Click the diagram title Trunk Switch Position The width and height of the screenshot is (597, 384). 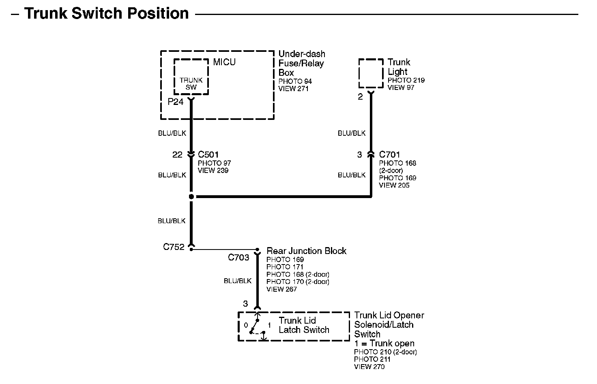(x=106, y=13)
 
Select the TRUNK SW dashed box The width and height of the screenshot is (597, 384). (x=191, y=77)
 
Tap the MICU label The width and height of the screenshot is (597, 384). (x=224, y=62)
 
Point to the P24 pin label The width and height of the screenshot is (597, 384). (x=176, y=102)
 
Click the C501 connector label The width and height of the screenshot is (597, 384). (x=208, y=154)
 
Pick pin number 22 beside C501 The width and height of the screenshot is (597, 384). (x=177, y=155)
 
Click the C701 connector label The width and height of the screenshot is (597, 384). (x=389, y=154)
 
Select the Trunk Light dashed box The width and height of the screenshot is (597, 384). (x=371, y=73)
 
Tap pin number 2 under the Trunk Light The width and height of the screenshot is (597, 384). (x=360, y=97)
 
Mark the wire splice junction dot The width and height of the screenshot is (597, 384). (x=191, y=196)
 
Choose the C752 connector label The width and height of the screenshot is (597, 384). (x=174, y=247)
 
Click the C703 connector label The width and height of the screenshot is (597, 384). (x=238, y=258)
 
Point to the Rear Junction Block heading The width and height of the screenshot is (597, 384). (x=306, y=251)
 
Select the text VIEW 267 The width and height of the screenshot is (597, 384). (x=281, y=289)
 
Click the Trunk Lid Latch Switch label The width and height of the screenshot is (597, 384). (x=304, y=325)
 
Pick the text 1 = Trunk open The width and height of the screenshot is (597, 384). (x=384, y=343)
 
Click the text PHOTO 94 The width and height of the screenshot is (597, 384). (x=295, y=81)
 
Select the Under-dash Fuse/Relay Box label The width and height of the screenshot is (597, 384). (x=301, y=63)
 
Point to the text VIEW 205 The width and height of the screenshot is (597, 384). (x=394, y=185)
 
